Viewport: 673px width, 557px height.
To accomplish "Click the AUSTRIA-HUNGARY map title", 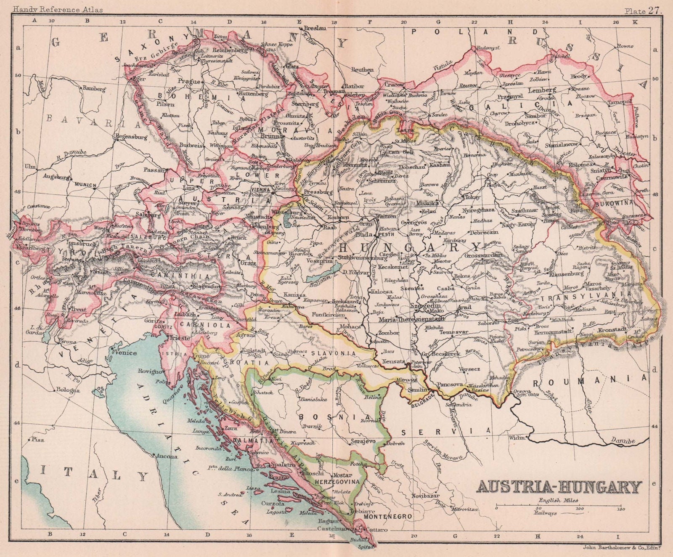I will pos(559,487).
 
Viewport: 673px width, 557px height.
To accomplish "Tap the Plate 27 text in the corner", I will pos(643,4).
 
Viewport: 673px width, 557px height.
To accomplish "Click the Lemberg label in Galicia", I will pos(545,90).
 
